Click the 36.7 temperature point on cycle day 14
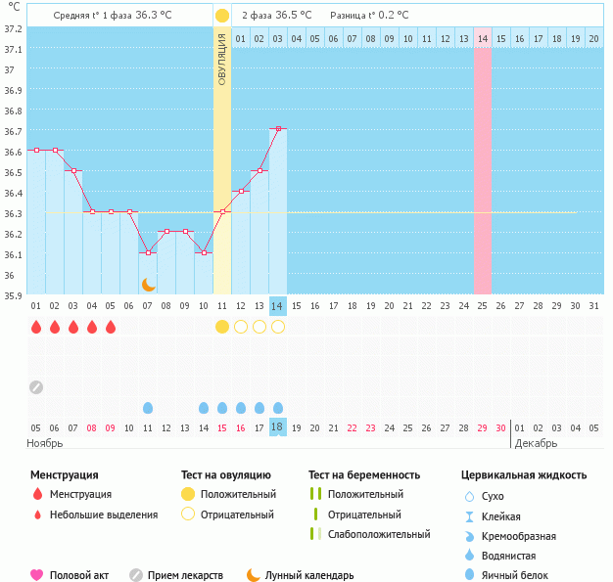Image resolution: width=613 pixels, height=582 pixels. pyautogui.click(x=278, y=129)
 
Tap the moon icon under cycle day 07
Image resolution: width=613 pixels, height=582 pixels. pyautogui.click(x=148, y=284)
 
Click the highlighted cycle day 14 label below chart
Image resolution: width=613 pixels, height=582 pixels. pyautogui.click(x=278, y=305)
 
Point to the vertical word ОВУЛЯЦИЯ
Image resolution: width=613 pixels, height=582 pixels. pyautogui.click(x=222, y=59)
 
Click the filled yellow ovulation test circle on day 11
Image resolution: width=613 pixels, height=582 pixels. pyautogui.click(x=222, y=327)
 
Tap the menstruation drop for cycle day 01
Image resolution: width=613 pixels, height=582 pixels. pyautogui.click(x=36, y=327)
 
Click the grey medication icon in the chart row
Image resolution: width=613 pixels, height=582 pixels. pyautogui.click(x=36, y=386)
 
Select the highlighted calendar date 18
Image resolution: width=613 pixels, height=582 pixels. pyautogui.click(x=278, y=427)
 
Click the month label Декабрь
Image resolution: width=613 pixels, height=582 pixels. pyautogui.click(x=535, y=443)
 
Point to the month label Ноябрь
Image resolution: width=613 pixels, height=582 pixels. pyautogui.click(x=45, y=443)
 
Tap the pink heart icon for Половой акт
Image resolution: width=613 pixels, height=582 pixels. pyautogui.click(x=37, y=575)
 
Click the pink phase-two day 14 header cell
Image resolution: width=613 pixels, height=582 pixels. pyautogui.click(x=482, y=38)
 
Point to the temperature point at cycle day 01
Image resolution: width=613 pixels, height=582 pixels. pyautogui.click(x=36, y=150)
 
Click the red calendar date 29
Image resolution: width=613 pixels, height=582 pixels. pyautogui.click(x=482, y=427)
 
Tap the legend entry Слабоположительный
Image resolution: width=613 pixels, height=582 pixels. pyautogui.click(x=379, y=534)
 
